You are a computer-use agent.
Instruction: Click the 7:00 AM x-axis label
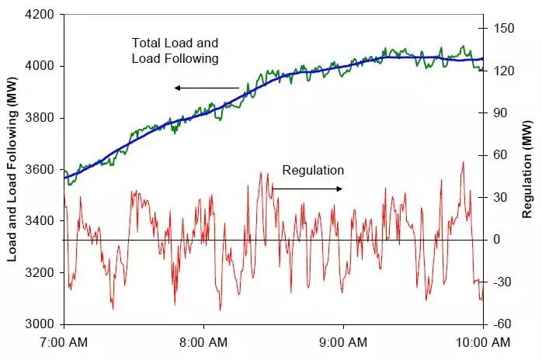[x=64, y=341]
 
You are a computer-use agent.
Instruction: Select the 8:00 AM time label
[x=204, y=341]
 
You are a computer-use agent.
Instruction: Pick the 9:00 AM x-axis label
[x=344, y=341]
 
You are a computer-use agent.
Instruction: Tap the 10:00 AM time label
[x=482, y=341]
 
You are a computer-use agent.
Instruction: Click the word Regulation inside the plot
[x=313, y=170]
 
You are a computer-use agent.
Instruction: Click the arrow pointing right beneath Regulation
[x=307, y=189]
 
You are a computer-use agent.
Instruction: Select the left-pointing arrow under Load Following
[x=207, y=88]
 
